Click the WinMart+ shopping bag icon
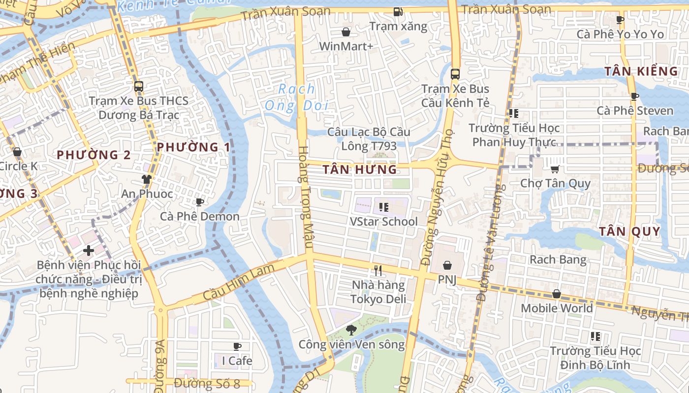[x=346, y=32]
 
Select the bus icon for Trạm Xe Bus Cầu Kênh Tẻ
[x=455, y=74]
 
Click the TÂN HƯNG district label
[x=359, y=170]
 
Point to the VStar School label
[x=383, y=222]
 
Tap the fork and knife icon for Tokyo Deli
[x=378, y=270]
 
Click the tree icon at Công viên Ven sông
[x=351, y=330]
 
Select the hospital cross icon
[x=89, y=251]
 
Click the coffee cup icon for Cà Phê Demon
[x=199, y=202]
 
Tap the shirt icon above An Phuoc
[x=146, y=179]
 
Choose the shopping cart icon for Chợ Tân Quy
[x=555, y=169]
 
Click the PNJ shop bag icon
[x=447, y=265]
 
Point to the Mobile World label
[x=557, y=308]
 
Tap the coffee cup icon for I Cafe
[x=237, y=346]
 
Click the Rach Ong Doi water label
[x=296, y=97]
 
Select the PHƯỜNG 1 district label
[x=193, y=147]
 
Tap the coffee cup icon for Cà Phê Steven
[x=634, y=96]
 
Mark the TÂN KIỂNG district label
[x=641, y=71]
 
